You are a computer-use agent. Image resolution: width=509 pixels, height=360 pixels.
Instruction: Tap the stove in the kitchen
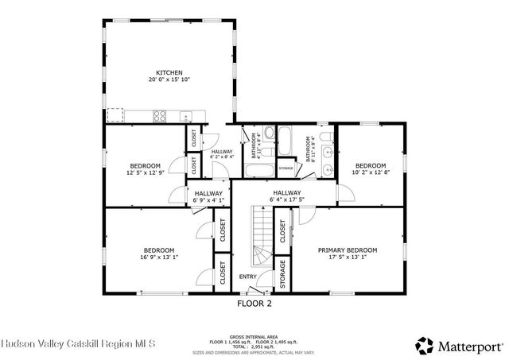(x=160, y=116)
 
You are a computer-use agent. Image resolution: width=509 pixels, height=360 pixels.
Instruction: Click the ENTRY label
(x=249, y=277)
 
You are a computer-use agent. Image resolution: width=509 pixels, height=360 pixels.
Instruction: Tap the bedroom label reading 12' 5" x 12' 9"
(x=145, y=169)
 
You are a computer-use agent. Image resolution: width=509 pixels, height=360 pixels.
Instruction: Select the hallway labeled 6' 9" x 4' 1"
(x=207, y=195)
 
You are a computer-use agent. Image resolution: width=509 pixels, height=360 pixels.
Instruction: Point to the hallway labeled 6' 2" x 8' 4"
(x=222, y=154)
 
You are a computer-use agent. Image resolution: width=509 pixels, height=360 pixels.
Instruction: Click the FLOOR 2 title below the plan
(x=254, y=304)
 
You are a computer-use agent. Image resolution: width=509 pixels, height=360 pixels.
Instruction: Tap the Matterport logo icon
(x=425, y=345)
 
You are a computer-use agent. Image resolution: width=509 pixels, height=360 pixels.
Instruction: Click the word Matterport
(x=469, y=346)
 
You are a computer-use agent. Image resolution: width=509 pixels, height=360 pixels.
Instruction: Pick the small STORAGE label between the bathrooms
(x=286, y=168)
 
